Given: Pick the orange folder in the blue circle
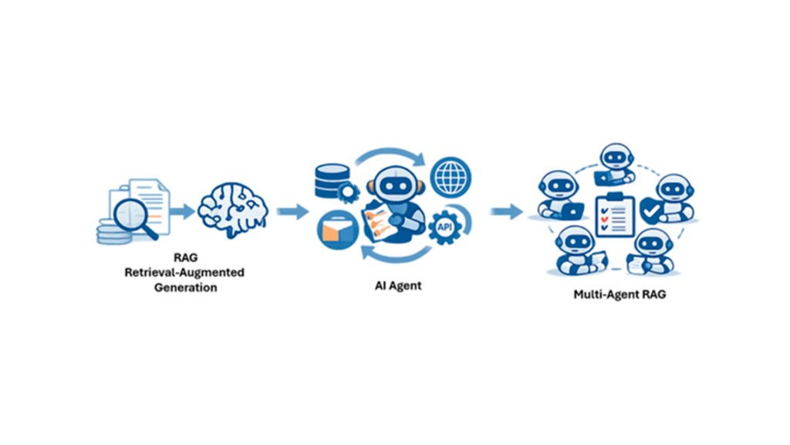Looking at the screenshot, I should click(x=336, y=229).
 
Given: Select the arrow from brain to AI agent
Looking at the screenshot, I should click(x=292, y=210).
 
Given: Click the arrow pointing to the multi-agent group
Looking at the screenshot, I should click(x=505, y=210).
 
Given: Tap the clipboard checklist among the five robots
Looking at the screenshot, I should click(x=614, y=216).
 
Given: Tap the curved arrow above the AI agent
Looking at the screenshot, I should click(x=390, y=155).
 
